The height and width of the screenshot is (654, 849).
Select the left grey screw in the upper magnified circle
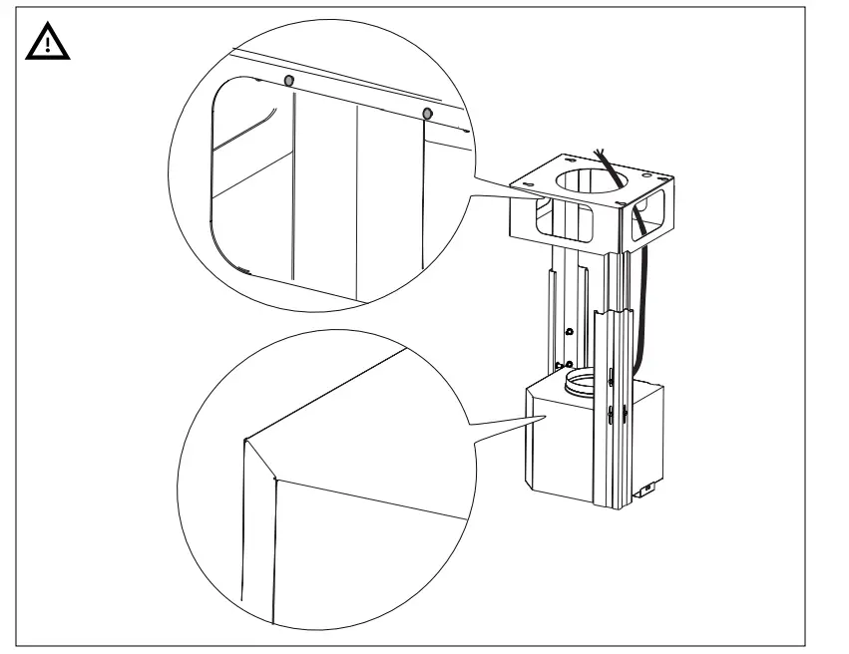(x=289, y=80)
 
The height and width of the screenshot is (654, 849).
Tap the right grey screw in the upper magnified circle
(x=427, y=113)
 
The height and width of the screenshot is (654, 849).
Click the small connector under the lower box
(x=645, y=489)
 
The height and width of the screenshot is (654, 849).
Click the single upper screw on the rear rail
(x=568, y=331)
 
